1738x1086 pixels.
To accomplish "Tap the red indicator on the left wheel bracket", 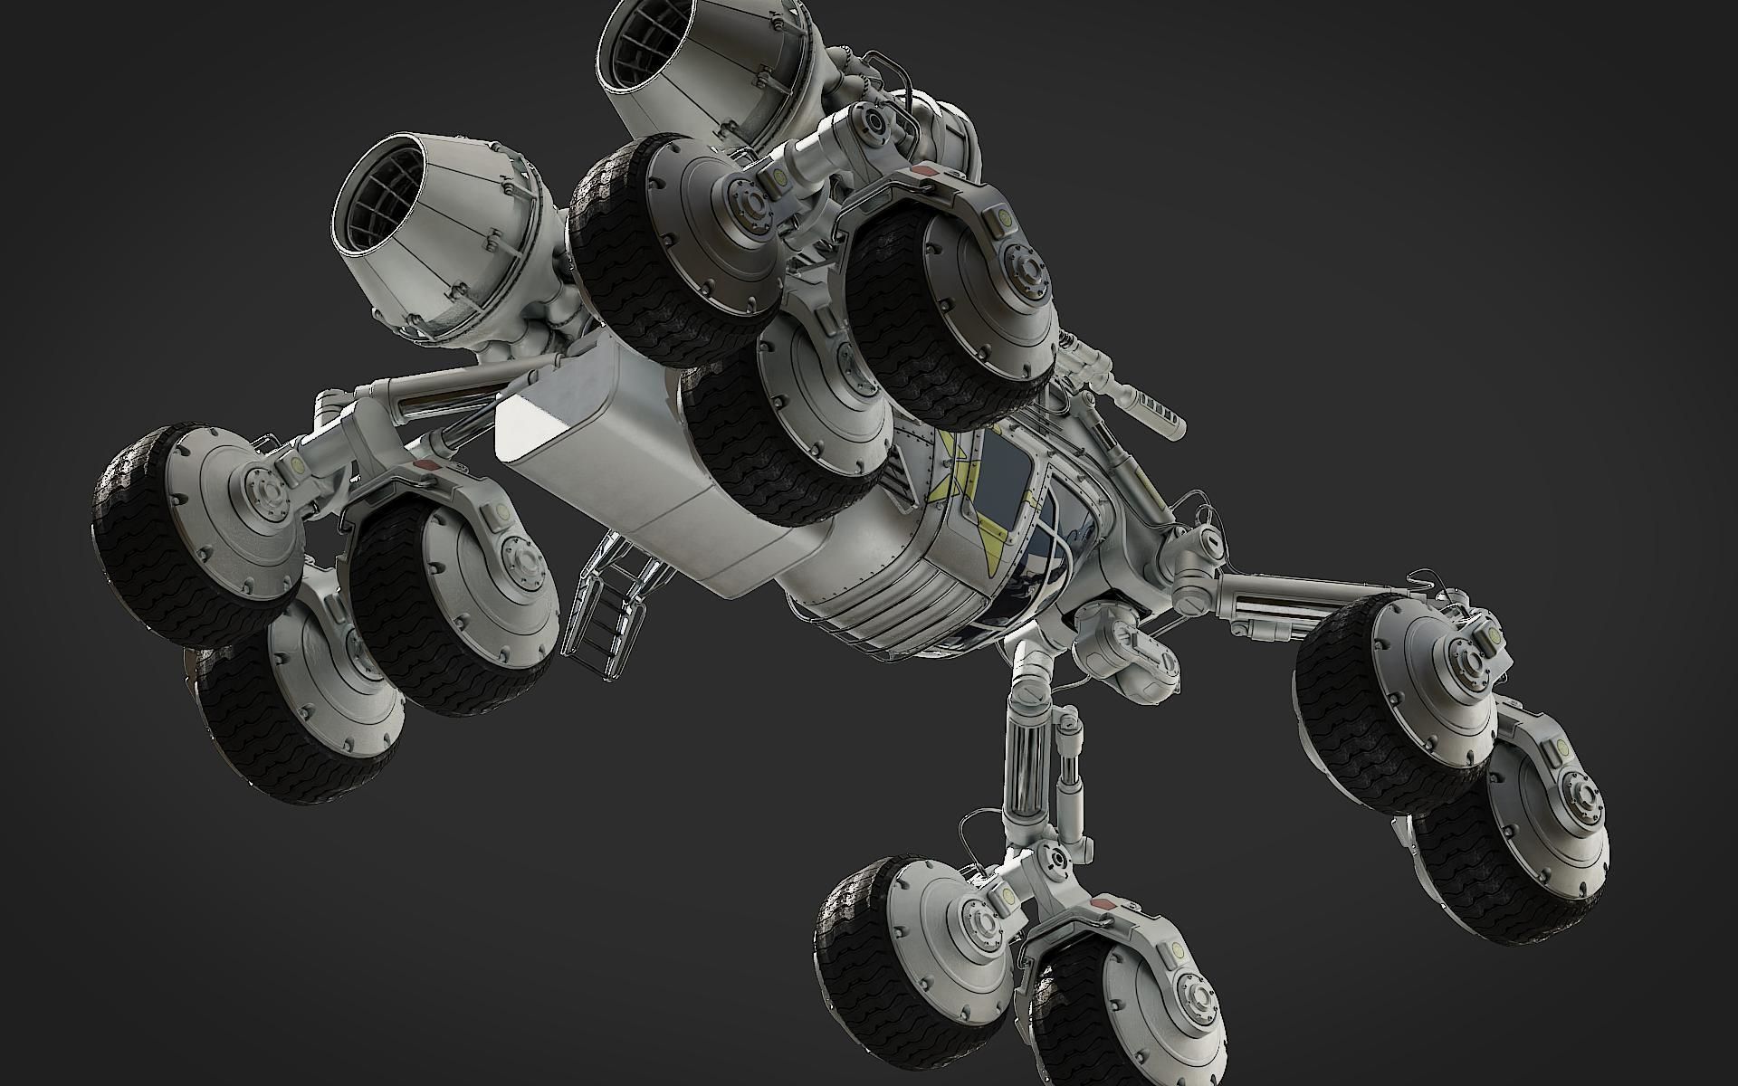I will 425,465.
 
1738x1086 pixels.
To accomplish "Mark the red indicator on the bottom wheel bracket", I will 1106,905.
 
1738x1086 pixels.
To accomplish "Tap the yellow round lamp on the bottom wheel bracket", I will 1177,949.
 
